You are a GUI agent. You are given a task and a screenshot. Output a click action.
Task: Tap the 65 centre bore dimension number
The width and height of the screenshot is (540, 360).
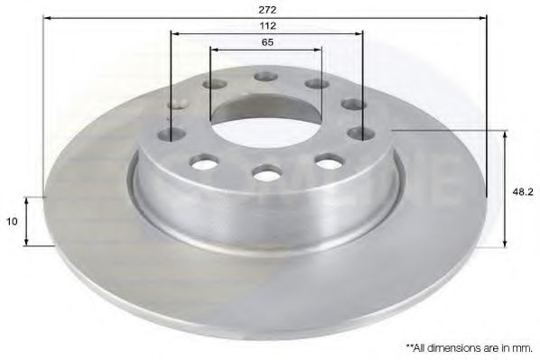267,42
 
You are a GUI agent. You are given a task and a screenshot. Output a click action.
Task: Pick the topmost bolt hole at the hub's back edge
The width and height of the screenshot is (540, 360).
265,77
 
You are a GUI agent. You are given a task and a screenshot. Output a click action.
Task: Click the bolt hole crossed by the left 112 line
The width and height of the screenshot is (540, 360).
172,134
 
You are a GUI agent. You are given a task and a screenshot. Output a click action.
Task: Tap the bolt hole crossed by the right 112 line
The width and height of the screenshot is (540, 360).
361,134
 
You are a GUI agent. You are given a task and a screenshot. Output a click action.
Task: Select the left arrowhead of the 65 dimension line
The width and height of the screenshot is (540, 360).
214,51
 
